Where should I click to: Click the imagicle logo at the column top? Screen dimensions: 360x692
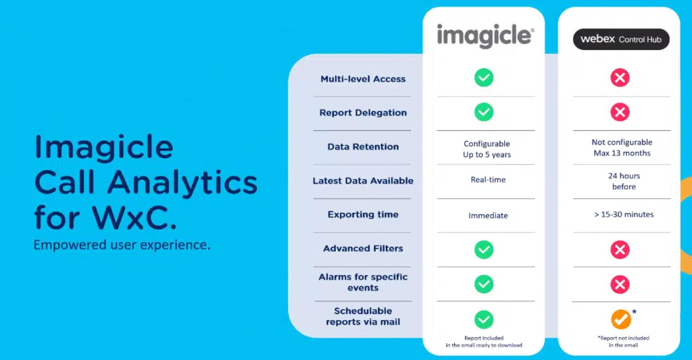click(x=485, y=35)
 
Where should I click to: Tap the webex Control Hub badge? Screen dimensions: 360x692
click(x=620, y=39)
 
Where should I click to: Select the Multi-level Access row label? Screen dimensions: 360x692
click(x=363, y=79)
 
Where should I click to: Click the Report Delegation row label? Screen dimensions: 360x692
click(x=363, y=113)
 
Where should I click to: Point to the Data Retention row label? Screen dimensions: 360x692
click(x=363, y=147)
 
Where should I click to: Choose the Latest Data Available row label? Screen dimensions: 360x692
click(x=363, y=181)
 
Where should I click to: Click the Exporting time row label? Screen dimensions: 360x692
click(x=363, y=215)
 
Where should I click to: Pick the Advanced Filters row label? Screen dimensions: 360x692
click(x=363, y=249)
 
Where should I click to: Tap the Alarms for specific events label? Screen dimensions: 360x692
click(x=363, y=282)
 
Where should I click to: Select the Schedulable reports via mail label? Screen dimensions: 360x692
click(x=363, y=316)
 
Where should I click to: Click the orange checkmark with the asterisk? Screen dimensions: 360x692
click(x=620, y=319)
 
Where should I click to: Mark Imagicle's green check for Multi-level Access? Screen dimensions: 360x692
click(x=484, y=78)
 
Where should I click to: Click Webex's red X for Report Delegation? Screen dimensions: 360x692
click(x=620, y=112)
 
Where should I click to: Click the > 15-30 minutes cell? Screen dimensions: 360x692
click(x=620, y=215)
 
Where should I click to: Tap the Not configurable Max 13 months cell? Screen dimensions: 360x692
click(x=620, y=147)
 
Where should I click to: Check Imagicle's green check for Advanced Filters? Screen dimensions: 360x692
click(x=484, y=250)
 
